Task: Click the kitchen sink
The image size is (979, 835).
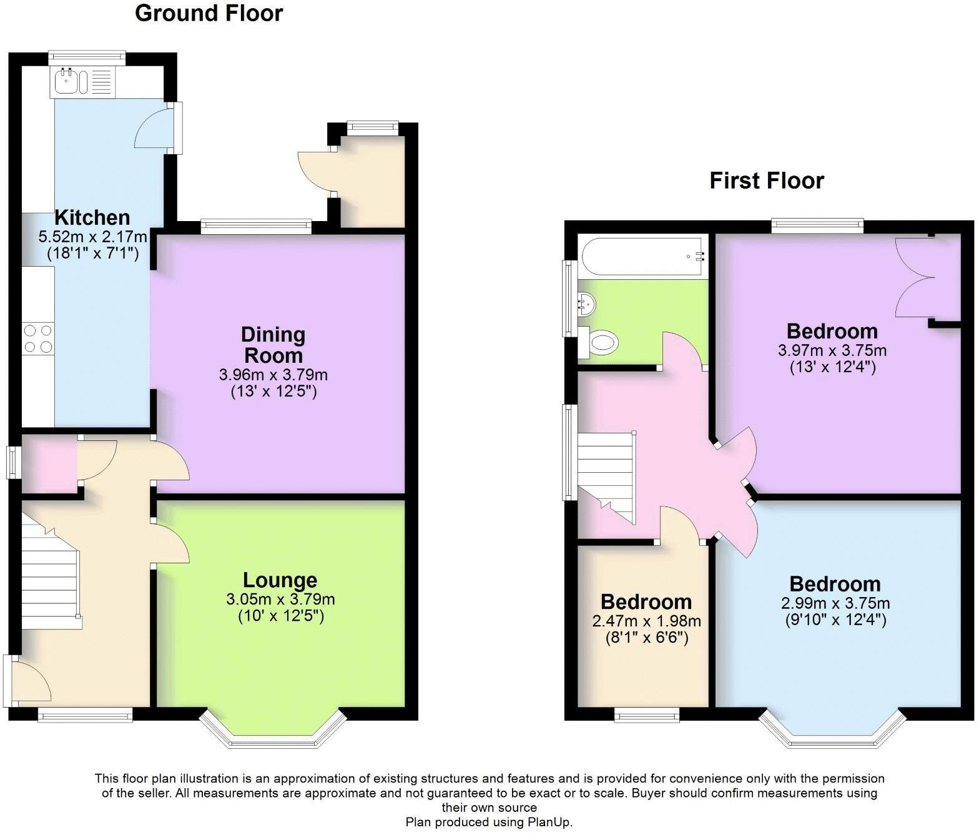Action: pyautogui.click(x=66, y=81)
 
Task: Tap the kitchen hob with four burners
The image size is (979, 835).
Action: pyautogui.click(x=38, y=339)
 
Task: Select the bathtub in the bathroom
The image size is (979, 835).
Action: pyautogui.click(x=643, y=256)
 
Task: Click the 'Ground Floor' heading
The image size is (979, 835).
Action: pyautogui.click(x=209, y=13)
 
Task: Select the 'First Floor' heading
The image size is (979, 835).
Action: pyautogui.click(x=766, y=180)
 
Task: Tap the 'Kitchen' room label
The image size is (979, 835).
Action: pyautogui.click(x=92, y=217)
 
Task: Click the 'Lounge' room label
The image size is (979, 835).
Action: pyautogui.click(x=280, y=580)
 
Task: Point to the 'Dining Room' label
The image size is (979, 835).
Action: pyautogui.click(x=273, y=345)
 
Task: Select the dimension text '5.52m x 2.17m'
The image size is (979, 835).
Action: pyautogui.click(x=93, y=237)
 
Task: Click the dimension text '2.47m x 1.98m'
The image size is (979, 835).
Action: pyautogui.click(x=646, y=621)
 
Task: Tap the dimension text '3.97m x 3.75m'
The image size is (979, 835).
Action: pyautogui.click(x=832, y=350)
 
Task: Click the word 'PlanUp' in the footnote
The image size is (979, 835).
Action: pyautogui.click(x=551, y=822)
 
